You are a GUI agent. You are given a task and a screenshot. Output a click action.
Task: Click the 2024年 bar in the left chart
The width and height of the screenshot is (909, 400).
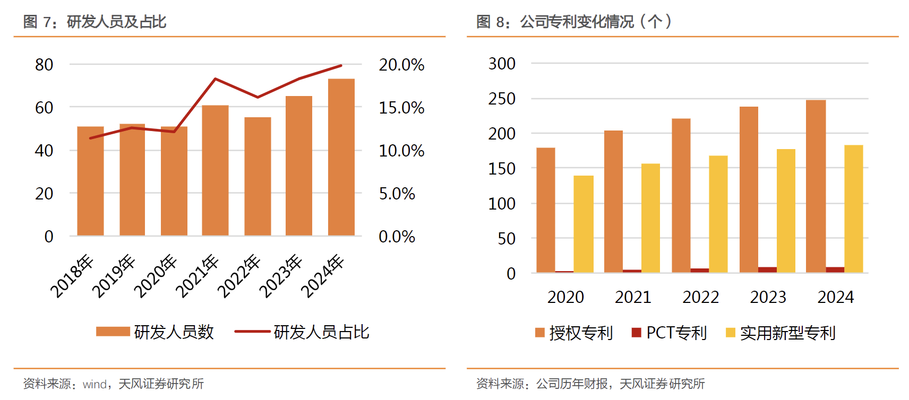(341, 157)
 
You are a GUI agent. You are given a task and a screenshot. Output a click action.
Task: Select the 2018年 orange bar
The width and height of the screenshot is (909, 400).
(90, 181)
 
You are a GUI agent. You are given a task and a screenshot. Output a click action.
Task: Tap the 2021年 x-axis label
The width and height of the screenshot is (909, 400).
(197, 276)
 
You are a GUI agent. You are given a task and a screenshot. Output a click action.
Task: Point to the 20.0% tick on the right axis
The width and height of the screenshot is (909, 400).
(401, 65)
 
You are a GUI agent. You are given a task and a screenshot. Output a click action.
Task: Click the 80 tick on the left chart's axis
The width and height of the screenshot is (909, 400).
(44, 65)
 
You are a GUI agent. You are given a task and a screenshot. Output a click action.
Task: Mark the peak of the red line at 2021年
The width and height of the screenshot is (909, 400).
(215, 79)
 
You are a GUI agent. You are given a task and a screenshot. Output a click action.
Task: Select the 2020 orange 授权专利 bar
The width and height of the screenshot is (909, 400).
(545, 210)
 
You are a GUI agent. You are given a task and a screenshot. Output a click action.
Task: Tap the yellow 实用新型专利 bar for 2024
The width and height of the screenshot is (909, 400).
(853, 208)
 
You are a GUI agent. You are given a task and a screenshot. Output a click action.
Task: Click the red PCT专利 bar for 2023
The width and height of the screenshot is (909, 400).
(767, 269)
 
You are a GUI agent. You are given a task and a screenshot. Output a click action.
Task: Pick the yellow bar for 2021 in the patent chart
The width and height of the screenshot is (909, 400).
(650, 218)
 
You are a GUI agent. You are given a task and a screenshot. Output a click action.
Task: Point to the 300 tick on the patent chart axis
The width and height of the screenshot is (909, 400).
(502, 64)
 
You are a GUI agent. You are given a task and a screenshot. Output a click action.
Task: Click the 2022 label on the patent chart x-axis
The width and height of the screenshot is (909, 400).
(700, 297)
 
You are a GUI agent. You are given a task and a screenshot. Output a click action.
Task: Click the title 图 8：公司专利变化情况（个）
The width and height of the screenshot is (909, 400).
(573, 22)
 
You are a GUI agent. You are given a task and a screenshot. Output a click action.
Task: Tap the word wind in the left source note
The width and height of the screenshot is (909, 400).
(95, 384)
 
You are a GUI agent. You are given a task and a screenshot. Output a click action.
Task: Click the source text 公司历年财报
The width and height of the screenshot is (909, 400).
(572, 384)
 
